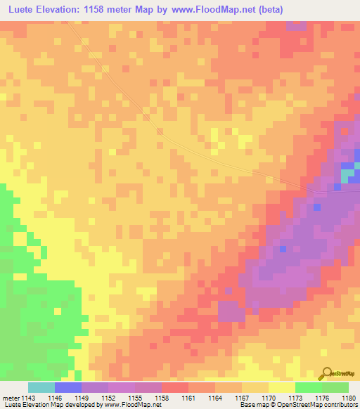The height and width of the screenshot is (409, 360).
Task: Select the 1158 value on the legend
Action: pyautogui.click(x=162, y=398)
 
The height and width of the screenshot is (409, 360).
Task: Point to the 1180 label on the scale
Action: pyautogui.click(x=349, y=398)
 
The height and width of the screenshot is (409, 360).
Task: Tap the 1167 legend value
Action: pyautogui.click(x=242, y=398)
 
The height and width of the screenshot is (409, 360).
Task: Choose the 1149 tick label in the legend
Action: pyautogui.click(x=82, y=398)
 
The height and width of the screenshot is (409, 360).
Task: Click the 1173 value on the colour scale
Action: pyautogui.click(x=295, y=398)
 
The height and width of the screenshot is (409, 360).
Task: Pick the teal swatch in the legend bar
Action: pyautogui.click(x=41, y=387)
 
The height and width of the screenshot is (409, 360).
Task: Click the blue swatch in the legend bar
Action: pyautogui.click(x=68, y=387)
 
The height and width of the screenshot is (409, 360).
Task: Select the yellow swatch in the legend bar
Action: pyautogui.click(x=282, y=387)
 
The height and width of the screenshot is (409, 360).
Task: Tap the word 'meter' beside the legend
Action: pyautogui.click(x=10, y=398)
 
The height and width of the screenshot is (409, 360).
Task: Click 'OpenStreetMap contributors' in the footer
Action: pyautogui.click(x=321, y=405)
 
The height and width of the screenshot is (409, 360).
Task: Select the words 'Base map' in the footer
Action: pyautogui.click(x=252, y=405)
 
